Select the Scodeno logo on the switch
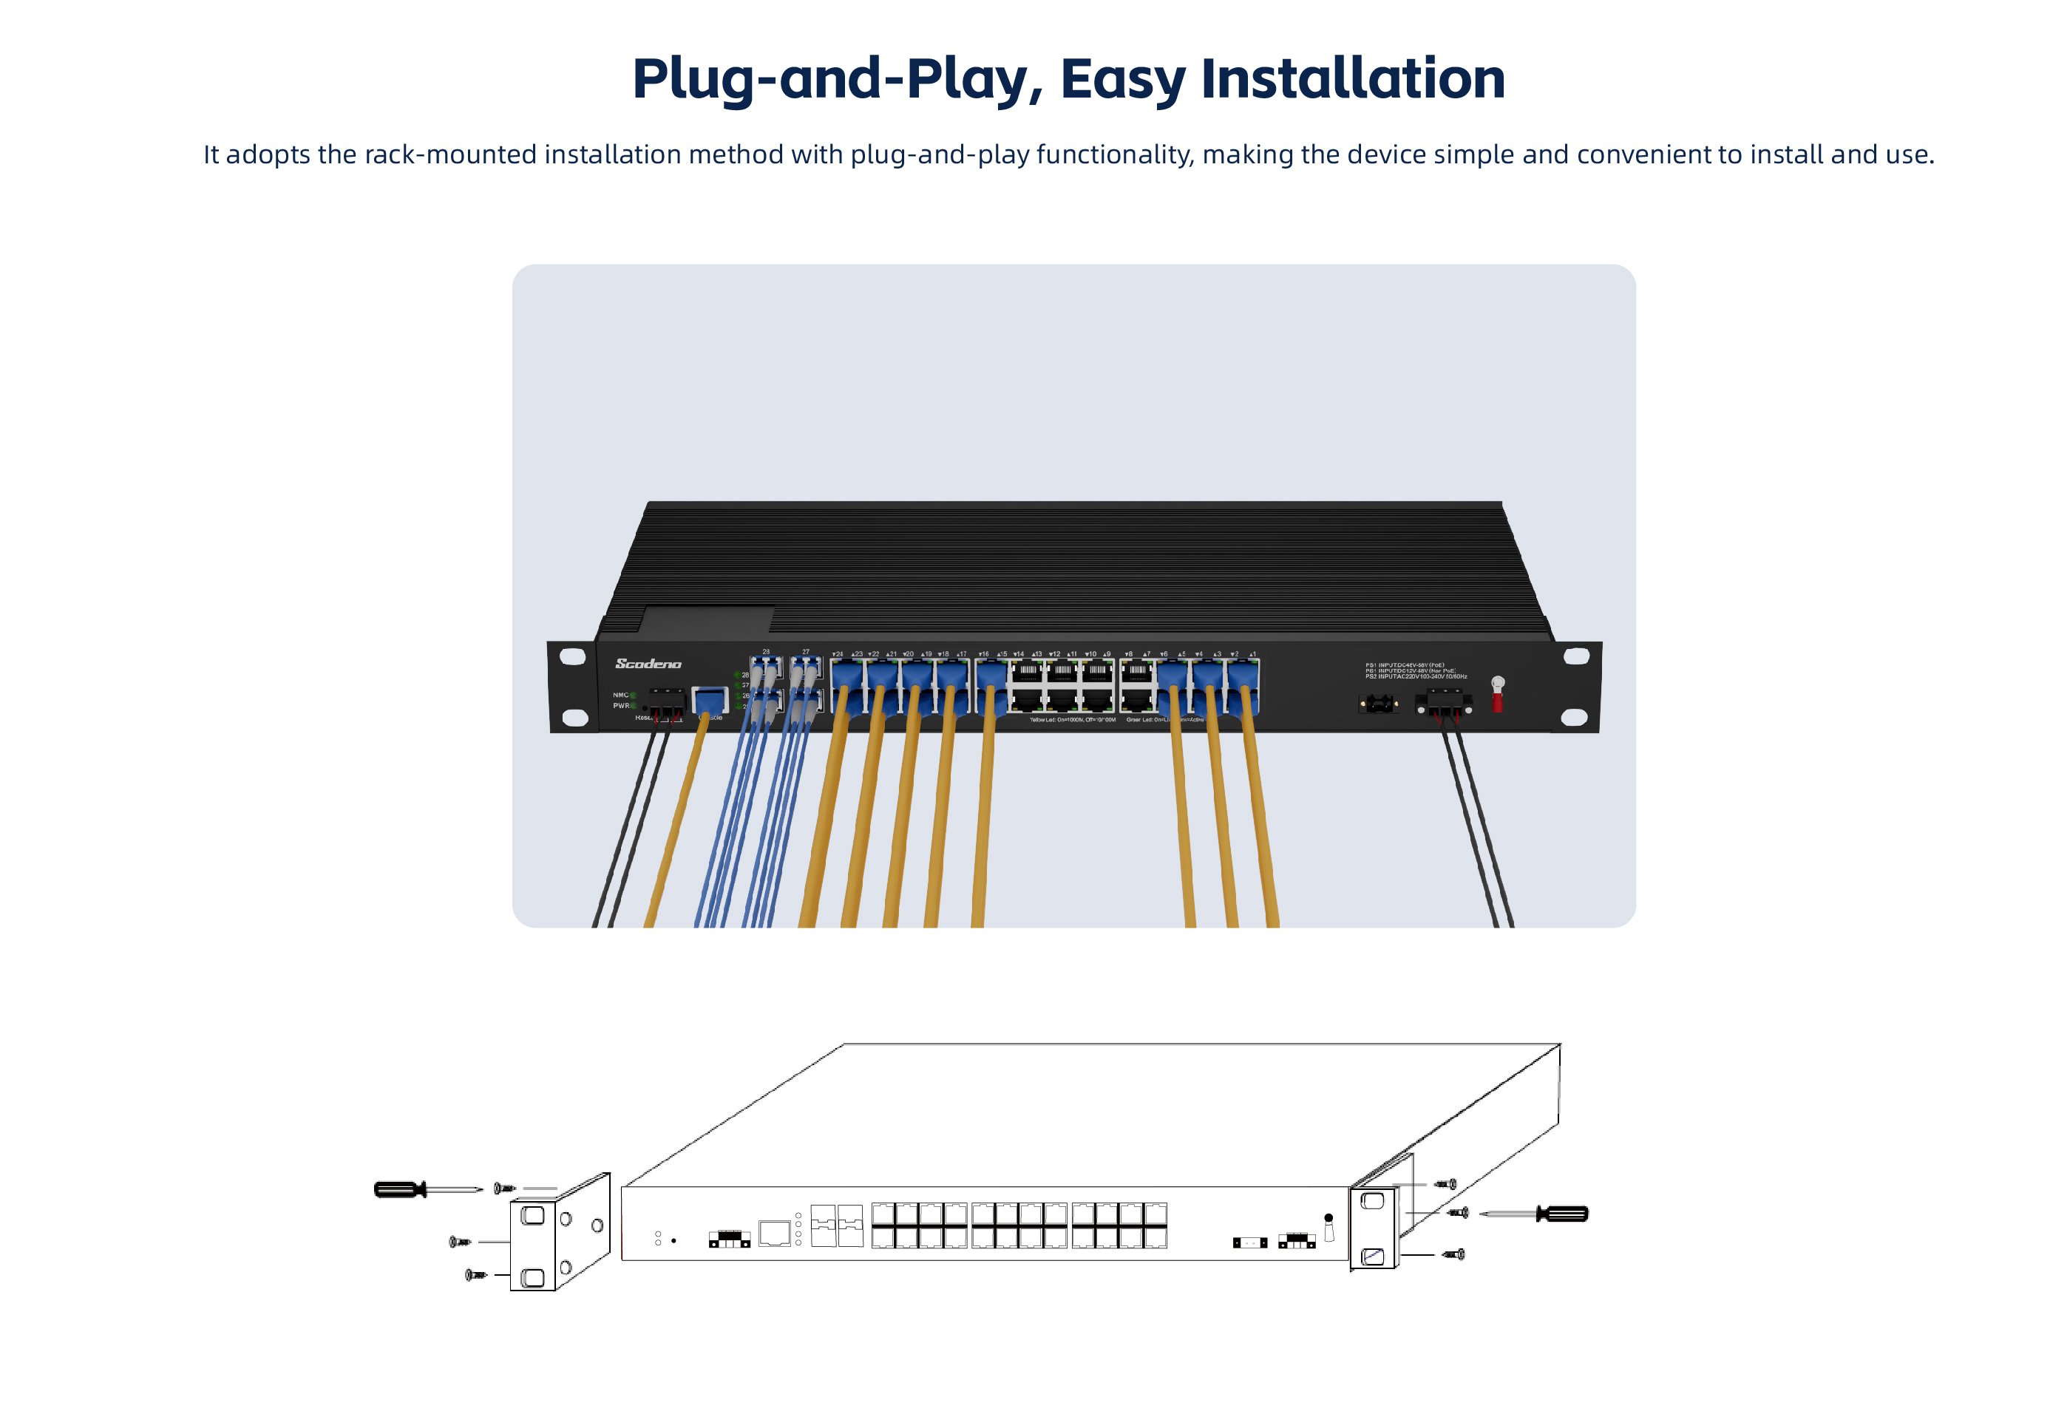coord(648,664)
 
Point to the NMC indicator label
coord(620,695)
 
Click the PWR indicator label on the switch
coord(620,705)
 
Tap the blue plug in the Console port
coord(709,700)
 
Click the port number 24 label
coord(838,654)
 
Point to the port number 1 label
coord(1252,654)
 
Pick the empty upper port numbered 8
coord(1136,672)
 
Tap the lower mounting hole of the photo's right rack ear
coord(1574,717)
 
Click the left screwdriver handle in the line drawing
coord(399,1189)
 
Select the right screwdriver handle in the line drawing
coord(1564,1213)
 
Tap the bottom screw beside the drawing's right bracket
coord(1453,1254)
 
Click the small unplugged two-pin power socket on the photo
coord(1378,704)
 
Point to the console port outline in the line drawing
coord(774,1233)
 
